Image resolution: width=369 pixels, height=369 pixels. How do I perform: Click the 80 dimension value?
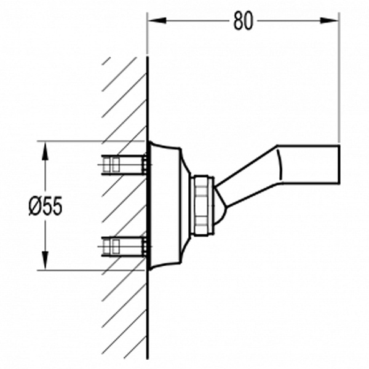(x=244, y=21)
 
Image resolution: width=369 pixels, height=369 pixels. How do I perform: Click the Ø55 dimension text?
(x=46, y=206)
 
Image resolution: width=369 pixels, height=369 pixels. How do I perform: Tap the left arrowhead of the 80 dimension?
(x=157, y=20)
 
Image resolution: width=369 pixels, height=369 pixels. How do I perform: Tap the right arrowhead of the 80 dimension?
(x=329, y=20)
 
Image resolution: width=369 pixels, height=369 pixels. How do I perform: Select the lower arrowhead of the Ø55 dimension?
(x=45, y=260)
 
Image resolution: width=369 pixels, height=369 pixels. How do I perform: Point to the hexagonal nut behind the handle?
(x=202, y=205)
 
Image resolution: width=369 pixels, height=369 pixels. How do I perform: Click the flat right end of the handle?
(x=339, y=164)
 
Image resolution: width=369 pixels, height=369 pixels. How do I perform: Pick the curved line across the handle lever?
(x=279, y=165)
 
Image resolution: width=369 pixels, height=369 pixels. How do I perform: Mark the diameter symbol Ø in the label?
(x=34, y=207)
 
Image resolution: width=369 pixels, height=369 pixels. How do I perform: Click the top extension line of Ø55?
(x=91, y=141)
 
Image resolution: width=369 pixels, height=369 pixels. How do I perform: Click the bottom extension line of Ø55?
(x=91, y=271)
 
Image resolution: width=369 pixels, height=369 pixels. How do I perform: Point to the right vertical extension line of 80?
(x=339, y=77)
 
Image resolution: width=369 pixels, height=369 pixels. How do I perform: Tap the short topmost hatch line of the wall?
(x=106, y=61)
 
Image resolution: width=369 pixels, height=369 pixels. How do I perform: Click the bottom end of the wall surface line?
(x=148, y=359)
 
